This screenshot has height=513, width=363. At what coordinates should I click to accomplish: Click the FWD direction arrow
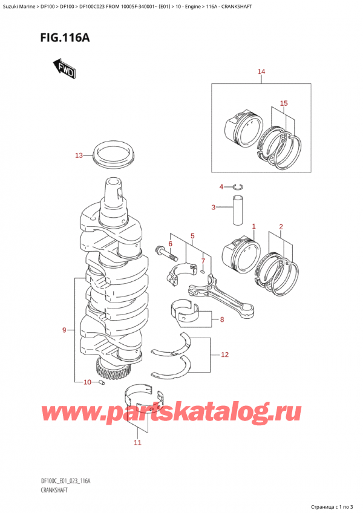(x=64, y=68)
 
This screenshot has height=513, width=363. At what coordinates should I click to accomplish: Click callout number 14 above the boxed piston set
(x=261, y=71)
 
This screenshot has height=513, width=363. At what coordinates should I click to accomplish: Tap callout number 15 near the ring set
(x=284, y=103)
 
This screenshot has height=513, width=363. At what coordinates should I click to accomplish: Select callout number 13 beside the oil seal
(x=79, y=155)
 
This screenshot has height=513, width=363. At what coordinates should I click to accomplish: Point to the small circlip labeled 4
(x=239, y=187)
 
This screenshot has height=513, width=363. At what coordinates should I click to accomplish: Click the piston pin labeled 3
(x=238, y=211)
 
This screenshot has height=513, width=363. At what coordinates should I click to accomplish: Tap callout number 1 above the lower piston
(x=253, y=226)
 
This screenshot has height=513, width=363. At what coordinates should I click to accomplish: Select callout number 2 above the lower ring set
(x=281, y=226)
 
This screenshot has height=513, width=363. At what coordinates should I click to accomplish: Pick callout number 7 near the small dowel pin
(x=203, y=261)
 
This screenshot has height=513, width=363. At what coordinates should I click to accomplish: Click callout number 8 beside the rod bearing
(x=222, y=319)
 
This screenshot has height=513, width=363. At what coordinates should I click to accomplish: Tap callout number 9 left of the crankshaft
(x=64, y=330)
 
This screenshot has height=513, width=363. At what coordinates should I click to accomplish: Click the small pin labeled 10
(x=102, y=382)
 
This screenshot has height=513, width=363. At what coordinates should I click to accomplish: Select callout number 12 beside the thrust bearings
(x=224, y=355)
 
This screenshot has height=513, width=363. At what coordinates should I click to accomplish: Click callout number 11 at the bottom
(x=137, y=443)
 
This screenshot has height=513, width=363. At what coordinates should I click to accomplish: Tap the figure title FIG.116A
(x=65, y=38)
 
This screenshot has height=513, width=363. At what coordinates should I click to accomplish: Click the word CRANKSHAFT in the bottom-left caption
(x=54, y=490)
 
